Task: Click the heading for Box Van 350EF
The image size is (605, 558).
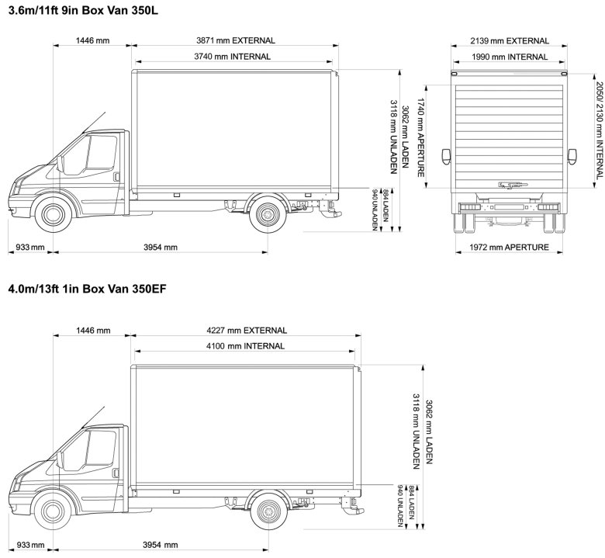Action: click(87, 289)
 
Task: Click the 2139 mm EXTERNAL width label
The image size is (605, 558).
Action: click(510, 40)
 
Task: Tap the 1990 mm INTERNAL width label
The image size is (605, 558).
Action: click(510, 57)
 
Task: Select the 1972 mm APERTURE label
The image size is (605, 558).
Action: click(510, 248)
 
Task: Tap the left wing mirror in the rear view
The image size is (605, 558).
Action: click(445, 156)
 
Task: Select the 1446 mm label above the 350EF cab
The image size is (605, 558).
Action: click(92, 331)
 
